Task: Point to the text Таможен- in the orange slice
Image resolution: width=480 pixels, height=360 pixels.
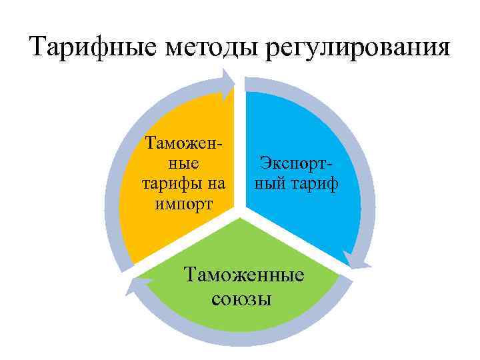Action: pos(183,143)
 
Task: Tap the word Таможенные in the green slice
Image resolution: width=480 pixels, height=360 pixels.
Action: pos(243,275)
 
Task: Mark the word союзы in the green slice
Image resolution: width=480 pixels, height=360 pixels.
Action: pos(241,299)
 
